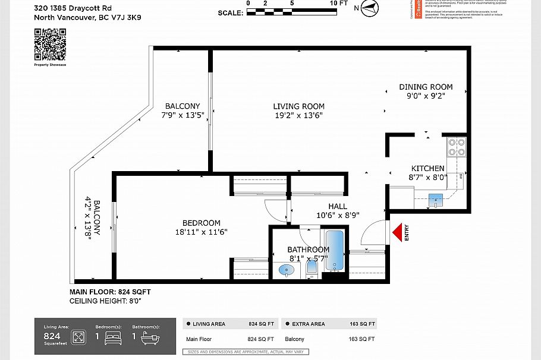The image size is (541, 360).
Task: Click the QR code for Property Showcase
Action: pos(50,45)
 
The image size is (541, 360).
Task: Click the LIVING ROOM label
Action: pos(298,106)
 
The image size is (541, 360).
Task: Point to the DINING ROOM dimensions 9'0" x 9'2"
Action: pos(426,95)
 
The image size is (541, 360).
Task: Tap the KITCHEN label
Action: pos(427,169)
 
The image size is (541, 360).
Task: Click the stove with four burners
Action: pos(457,147)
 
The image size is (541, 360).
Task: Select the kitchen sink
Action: pos(436,199)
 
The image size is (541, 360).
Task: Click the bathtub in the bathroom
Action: pos(335,251)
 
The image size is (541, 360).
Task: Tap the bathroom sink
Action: pos(287,270)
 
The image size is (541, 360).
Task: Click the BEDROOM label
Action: pos(201,223)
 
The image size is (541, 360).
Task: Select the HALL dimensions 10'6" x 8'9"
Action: pos(337,216)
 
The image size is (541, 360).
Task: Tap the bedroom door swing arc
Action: pos(276,209)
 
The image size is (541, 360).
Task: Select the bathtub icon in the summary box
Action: pos(148,338)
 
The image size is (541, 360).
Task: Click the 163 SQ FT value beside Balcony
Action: pos(361,339)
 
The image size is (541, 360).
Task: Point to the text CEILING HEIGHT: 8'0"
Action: pos(105,301)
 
